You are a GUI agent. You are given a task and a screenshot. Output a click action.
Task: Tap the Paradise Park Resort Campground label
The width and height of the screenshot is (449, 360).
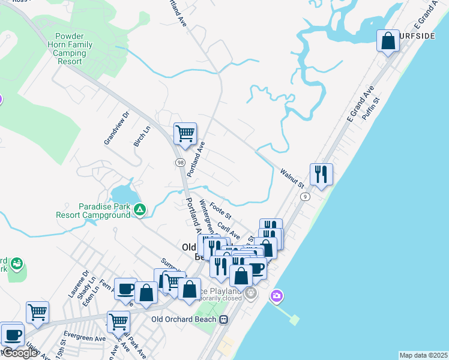(x=93, y=210)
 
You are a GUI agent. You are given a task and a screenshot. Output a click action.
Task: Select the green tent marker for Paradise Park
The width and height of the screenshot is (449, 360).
(x=139, y=209)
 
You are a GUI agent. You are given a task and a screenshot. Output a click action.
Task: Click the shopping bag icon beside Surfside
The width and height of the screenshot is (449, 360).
(x=388, y=41)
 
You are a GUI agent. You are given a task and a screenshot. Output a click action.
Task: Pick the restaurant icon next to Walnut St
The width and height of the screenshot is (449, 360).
(x=321, y=174)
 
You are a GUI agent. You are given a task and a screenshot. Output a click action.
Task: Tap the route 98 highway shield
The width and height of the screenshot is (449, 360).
(x=180, y=163)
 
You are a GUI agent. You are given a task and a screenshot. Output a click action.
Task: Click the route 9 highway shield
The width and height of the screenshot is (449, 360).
(x=306, y=196)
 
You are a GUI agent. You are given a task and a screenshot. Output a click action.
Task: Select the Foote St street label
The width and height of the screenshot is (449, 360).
(x=220, y=211)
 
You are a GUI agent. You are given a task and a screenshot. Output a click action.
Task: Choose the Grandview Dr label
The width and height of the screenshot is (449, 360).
(x=116, y=128)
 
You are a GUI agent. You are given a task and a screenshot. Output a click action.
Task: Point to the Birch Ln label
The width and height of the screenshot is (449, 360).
(x=141, y=136)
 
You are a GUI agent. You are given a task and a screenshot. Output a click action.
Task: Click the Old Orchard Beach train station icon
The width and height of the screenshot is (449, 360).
(x=223, y=319)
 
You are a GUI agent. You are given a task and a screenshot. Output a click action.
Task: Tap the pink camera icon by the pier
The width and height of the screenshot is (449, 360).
(x=276, y=295)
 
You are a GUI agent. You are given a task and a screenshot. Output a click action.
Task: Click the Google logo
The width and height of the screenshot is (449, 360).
(x=20, y=353)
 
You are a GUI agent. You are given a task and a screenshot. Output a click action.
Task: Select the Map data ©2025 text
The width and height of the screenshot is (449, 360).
(x=423, y=355)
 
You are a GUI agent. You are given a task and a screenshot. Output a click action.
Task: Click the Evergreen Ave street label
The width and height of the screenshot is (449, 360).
(x=83, y=338)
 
